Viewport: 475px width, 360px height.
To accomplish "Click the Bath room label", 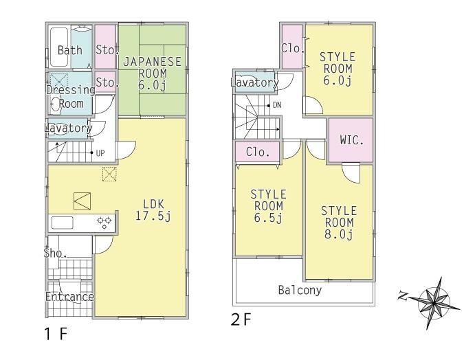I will point(69,50).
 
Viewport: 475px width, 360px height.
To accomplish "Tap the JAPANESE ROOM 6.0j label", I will point(152,73).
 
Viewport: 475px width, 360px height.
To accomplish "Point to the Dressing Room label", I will point(70,97).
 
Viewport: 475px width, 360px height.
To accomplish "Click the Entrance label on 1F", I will point(69,297).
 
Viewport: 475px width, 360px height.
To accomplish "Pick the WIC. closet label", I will point(351,140).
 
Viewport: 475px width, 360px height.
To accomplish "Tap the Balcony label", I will point(300,290).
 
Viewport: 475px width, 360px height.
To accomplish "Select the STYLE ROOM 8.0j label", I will point(338,223).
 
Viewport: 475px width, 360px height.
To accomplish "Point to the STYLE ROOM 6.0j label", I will point(337,69).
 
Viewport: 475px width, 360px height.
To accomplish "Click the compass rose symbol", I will point(432,297).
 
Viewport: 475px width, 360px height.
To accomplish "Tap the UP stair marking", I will point(100,153).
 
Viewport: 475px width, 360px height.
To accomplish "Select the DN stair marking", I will point(276,105).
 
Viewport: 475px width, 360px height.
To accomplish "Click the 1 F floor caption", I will point(54,335).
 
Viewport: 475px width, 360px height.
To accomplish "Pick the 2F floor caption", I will point(242,319).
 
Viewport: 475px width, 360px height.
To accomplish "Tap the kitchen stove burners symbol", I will point(105,222).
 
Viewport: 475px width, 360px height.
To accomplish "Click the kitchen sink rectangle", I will point(63,222).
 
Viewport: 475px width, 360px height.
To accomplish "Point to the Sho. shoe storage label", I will point(55,254).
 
